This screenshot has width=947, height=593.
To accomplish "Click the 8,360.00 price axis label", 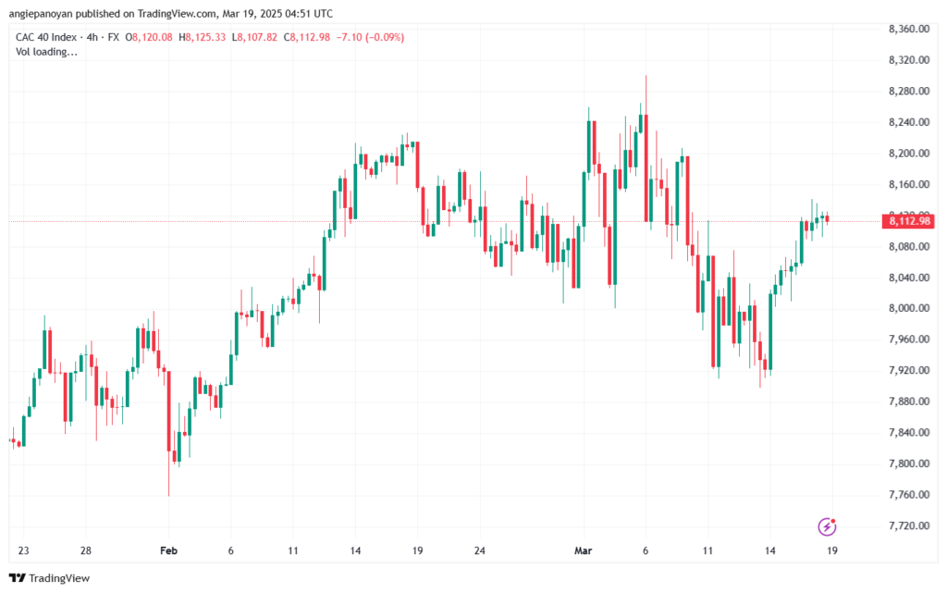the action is pyautogui.click(x=909, y=29).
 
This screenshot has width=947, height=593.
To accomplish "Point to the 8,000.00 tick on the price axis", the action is pyautogui.click(x=909, y=308).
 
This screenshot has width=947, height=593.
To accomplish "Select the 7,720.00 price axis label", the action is pyautogui.click(x=909, y=525).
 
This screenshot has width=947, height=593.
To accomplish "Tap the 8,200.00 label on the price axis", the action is pyautogui.click(x=909, y=154).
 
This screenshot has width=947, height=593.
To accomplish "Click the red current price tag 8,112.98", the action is pyautogui.click(x=909, y=221).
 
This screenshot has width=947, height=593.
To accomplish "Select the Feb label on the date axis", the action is pyautogui.click(x=168, y=550).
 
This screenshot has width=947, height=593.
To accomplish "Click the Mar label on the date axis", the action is pyautogui.click(x=584, y=550).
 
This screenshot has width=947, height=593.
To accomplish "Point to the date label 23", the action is pyautogui.click(x=23, y=550).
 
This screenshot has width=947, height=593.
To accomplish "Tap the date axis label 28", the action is pyautogui.click(x=86, y=550).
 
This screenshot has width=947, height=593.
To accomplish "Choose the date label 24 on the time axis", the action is pyautogui.click(x=480, y=550).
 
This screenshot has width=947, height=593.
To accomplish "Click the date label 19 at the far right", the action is pyautogui.click(x=832, y=550).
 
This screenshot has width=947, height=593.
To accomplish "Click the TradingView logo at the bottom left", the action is pyautogui.click(x=50, y=578).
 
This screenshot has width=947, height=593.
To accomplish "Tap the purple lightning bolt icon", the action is pyautogui.click(x=827, y=526).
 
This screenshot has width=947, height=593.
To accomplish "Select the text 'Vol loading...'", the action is pyautogui.click(x=46, y=52).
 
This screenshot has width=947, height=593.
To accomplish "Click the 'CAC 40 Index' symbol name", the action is pyautogui.click(x=46, y=37).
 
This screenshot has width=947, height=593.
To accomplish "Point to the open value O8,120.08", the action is pyautogui.click(x=149, y=37).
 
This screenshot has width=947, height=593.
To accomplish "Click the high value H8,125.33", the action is pyautogui.click(x=203, y=37).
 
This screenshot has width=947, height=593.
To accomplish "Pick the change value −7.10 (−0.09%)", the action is pyautogui.click(x=370, y=37).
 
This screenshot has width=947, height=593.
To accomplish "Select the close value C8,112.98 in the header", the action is pyautogui.click(x=307, y=37).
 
